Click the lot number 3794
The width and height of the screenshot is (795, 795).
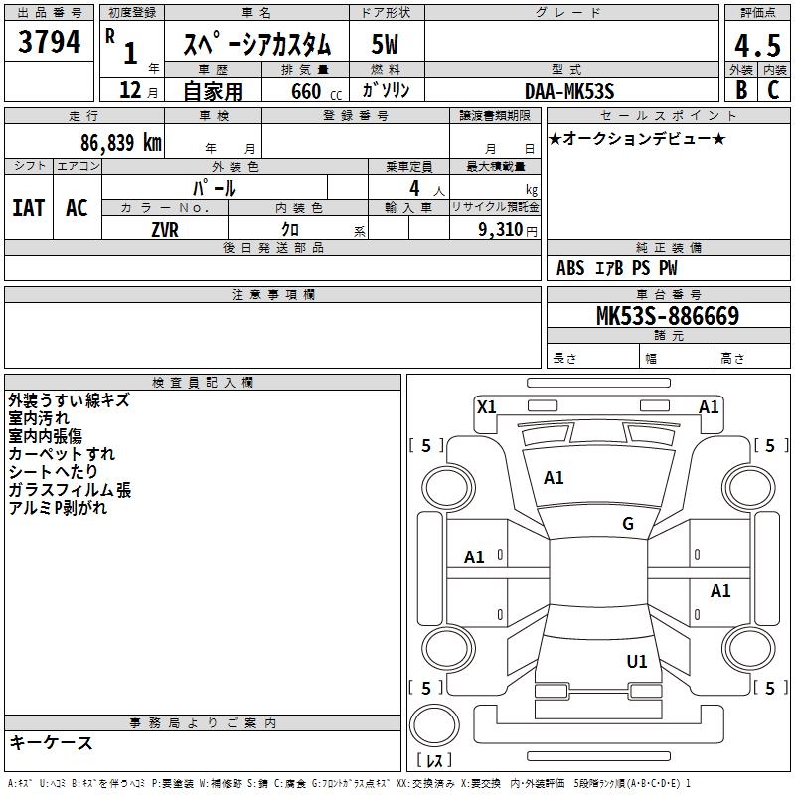pos(49,42)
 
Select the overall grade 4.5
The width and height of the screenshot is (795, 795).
pos(757,46)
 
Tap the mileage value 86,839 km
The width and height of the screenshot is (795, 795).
pos(121,143)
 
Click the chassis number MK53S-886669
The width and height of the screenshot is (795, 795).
pos(668,316)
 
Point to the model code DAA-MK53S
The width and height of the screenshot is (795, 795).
pos(569,91)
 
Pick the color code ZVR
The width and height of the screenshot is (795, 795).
pos(165,230)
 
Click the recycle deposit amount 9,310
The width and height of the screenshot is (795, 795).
pos(501,230)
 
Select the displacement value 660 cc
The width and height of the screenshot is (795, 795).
pos(316,91)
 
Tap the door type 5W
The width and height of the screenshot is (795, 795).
pos(385,44)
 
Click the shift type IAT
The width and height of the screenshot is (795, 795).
pos(29,208)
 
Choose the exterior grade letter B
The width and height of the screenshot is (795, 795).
pos(741,90)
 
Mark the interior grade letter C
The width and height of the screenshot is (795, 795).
pos(774,90)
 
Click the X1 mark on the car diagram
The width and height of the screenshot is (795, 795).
pos(486,407)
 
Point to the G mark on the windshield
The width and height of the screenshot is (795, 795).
pos(628,524)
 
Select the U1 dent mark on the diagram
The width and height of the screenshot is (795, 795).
pos(637,662)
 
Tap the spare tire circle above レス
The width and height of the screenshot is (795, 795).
pos(434,725)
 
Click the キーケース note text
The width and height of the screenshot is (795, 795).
pos(52,743)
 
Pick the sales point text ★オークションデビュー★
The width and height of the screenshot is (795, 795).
pos(637,138)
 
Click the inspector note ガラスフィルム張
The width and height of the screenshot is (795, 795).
pos(70,490)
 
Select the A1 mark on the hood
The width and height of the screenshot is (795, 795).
pos(554,478)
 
